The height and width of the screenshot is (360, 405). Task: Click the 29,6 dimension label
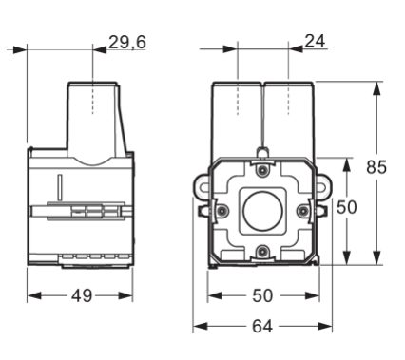pos(127,42)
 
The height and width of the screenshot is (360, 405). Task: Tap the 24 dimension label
pos(315,41)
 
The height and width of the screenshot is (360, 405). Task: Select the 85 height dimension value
pos(376,167)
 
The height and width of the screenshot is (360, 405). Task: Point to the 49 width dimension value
pos(82,296)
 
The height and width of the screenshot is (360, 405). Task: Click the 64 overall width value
pos(262,326)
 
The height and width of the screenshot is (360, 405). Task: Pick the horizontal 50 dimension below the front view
pos(262,296)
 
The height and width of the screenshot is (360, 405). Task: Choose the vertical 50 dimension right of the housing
pos(346,207)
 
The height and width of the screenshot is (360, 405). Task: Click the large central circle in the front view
pos(262,211)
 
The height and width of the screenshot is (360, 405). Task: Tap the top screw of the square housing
pos(261,170)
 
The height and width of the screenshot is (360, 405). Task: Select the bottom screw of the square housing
pos(261,252)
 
